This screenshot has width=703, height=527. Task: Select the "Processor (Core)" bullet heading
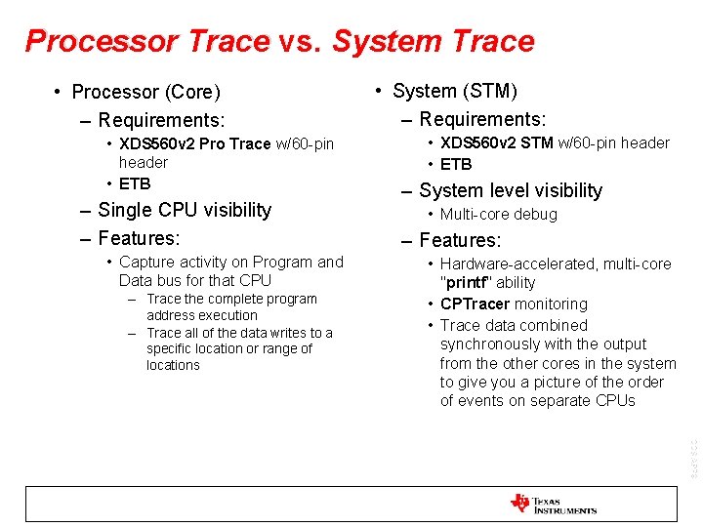click(145, 92)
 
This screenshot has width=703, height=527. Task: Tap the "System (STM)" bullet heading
click(454, 91)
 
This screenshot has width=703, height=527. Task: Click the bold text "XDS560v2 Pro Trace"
click(194, 143)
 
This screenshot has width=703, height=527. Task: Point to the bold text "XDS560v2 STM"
click(496, 142)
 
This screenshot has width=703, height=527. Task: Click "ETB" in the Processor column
click(135, 183)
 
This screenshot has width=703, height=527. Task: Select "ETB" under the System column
click(456, 164)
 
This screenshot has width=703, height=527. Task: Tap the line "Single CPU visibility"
click(185, 210)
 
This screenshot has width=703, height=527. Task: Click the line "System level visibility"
click(510, 190)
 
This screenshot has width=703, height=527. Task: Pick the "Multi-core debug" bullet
click(498, 214)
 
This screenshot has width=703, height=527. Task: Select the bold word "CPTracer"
click(475, 304)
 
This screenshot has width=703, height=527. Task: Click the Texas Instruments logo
click(553, 504)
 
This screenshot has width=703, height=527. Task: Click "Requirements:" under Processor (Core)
click(161, 120)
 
